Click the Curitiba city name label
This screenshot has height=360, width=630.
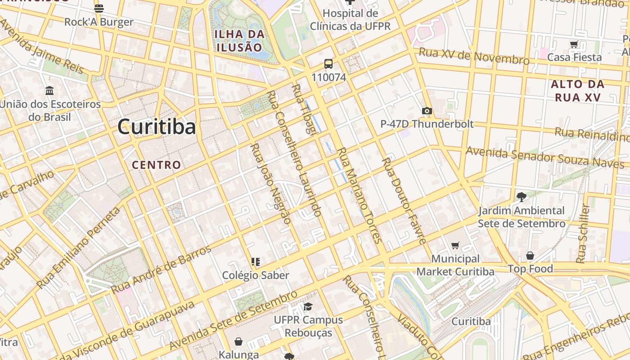(157, 127)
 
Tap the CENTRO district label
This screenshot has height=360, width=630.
(156, 165)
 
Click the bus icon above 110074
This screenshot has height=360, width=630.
(328, 64)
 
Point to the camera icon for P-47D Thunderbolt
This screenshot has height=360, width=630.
(427, 111)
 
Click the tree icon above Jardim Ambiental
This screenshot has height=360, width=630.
(522, 197)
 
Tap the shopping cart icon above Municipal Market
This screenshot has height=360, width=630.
(455, 245)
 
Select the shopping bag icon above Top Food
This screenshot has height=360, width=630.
(530, 256)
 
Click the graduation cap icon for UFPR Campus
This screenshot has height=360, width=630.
(308, 307)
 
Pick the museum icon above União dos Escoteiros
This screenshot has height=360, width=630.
(49, 91)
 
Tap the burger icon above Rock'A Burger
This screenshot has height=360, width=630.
(99, 8)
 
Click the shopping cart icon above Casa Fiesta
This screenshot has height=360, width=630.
(574, 44)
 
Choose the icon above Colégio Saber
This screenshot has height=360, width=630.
(256, 262)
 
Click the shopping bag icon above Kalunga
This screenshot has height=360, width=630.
(238, 342)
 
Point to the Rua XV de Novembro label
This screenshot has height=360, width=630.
(474, 56)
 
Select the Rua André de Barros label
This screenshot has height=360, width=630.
(161, 269)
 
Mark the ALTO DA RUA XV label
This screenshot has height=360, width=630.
(577, 90)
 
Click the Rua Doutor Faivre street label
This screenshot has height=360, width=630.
(404, 201)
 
